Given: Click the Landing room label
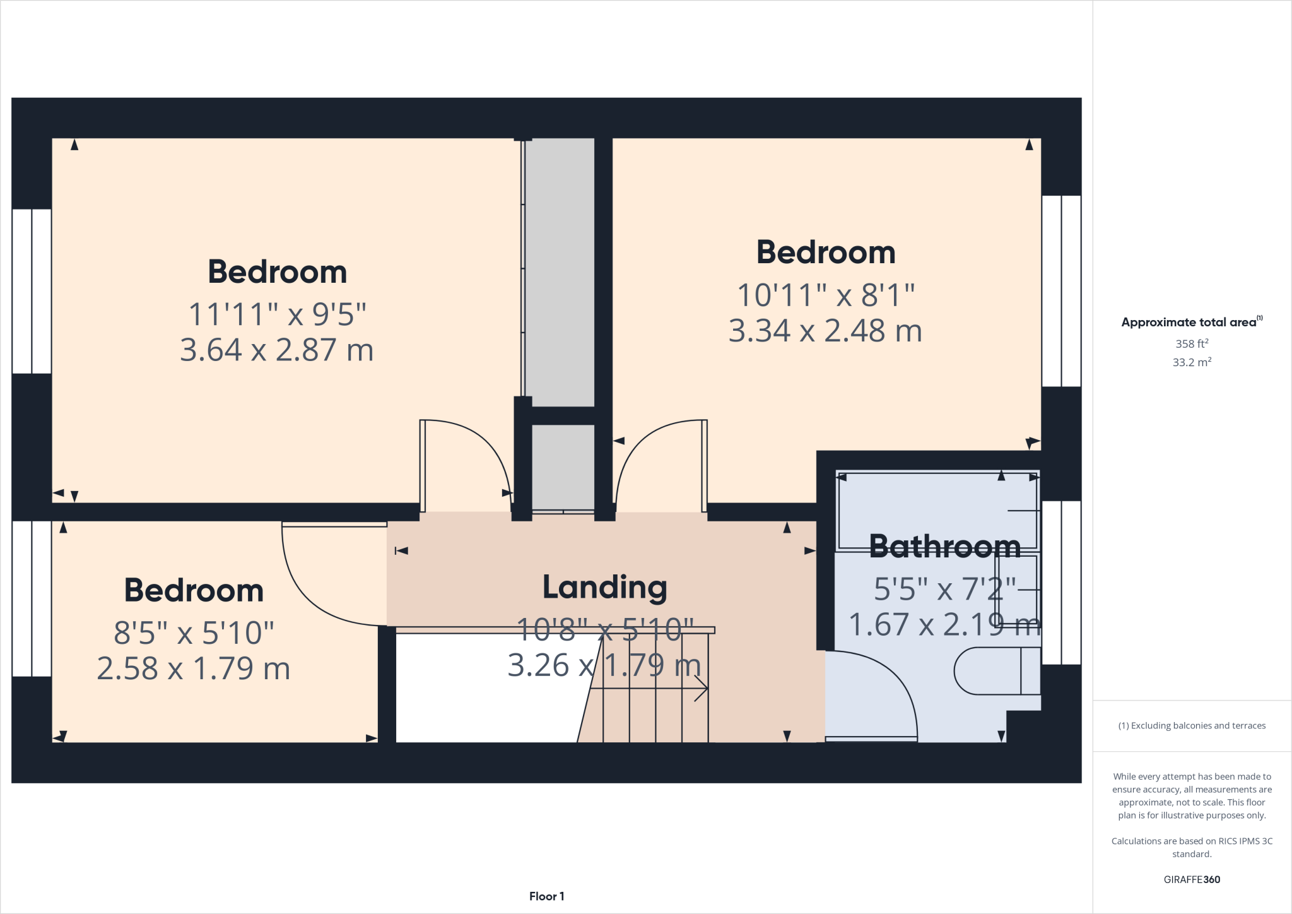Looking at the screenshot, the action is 605,588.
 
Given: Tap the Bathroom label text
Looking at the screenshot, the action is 945,547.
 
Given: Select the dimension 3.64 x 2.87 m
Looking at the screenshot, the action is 277,350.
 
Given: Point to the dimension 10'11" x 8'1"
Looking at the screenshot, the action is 826,295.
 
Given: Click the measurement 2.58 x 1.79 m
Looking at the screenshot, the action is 194,668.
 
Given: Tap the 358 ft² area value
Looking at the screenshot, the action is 1192,343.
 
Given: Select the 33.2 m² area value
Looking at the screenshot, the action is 1192,362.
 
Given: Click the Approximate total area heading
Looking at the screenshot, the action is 1192,322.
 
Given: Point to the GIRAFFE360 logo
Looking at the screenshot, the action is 1192,879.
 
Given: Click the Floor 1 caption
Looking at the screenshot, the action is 547,896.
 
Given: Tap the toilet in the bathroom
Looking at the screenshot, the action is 997,671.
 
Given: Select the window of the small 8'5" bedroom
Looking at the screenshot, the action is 32,598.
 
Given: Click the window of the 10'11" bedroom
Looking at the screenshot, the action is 1061,291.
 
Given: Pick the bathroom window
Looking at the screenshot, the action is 1061,583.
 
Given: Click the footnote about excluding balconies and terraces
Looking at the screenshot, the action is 1192,726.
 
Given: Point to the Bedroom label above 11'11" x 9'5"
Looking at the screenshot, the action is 278,272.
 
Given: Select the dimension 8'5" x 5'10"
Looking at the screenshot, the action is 194,633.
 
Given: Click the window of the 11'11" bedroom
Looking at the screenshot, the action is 32,291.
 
